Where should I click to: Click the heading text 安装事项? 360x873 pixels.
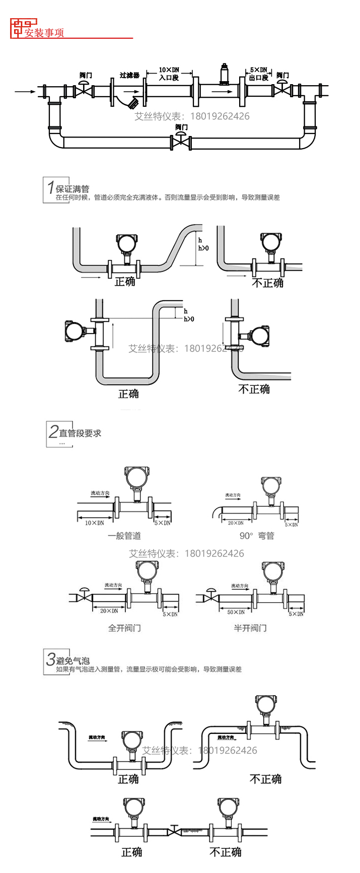(44, 33)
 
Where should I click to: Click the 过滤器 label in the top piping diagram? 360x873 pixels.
(129, 75)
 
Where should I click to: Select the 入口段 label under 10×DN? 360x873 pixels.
(169, 78)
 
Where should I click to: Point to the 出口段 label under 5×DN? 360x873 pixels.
(259, 78)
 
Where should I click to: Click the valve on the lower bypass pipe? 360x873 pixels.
(181, 142)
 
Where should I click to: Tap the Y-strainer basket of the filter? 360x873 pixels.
(132, 104)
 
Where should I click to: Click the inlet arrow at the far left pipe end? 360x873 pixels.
(25, 91)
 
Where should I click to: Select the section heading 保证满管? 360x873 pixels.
(73, 189)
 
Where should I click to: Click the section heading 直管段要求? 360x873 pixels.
(80, 433)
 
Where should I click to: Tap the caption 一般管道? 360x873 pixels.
(124, 535)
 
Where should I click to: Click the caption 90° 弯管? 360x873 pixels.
(257, 535)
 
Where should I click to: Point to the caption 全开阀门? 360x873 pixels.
(124, 628)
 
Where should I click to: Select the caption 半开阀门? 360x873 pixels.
(250, 628)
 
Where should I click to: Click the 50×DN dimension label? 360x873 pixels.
(236, 612)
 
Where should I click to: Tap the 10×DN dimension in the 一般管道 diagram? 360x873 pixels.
(94, 523)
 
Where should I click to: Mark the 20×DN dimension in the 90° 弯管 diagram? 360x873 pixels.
(235, 523)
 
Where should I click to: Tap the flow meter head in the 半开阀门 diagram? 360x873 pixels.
(272, 571)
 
